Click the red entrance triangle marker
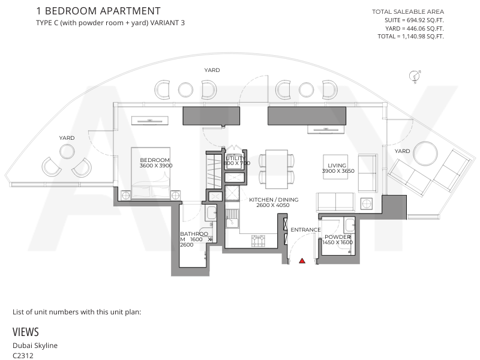click(302, 261)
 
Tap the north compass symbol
click(415, 76)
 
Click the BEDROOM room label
click(155, 160)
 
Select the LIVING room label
click(337, 166)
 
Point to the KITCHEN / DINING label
click(274, 200)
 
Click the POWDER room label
click(338, 237)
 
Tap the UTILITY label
click(235, 158)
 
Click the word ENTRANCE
click(305, 230)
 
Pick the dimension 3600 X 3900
click(156, 166)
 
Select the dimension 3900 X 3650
click(338, 171)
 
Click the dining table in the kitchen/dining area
click(277, 169)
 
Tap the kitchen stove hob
click(258, 241)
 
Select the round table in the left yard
click(67, 152)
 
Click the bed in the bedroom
click(151, 173)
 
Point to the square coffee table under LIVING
click(335, 167)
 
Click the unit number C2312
click(23, 355)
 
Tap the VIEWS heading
click(26, 332)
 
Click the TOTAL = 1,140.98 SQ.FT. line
click(410, 37)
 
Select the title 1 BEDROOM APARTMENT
click(98, 11)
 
